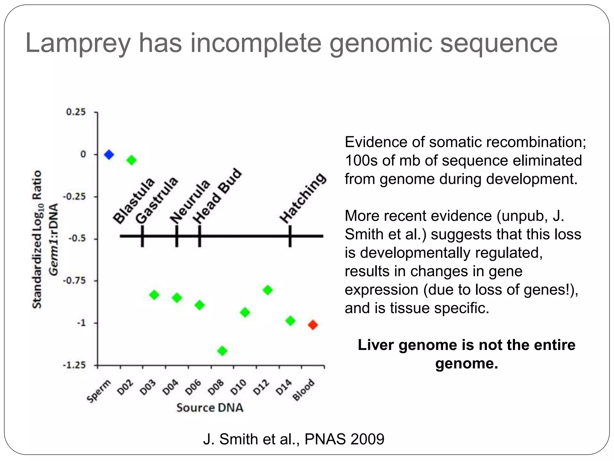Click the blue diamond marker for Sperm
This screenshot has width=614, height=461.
tap(109, 155)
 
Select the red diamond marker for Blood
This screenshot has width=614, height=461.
tap(313, 325)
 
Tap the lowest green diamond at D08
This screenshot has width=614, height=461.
tap(222, 351)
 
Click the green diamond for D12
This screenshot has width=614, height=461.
tap(268, 290)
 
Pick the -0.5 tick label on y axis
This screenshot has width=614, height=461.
tap(77, 239)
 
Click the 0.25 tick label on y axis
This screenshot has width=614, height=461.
tap(76, 112)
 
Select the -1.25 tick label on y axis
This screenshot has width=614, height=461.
tap(74, 366)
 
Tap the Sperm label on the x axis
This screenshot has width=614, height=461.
tap(99, 391)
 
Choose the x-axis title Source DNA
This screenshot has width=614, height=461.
tap(210, 408)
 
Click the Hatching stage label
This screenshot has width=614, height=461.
tap(303, 198)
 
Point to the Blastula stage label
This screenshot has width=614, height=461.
tap(134, 201)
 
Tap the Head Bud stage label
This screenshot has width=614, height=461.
tap(217, 196)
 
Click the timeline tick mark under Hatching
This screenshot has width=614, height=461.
tap(290, 236)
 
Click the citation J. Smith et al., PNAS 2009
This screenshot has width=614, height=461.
tap(294, 439)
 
